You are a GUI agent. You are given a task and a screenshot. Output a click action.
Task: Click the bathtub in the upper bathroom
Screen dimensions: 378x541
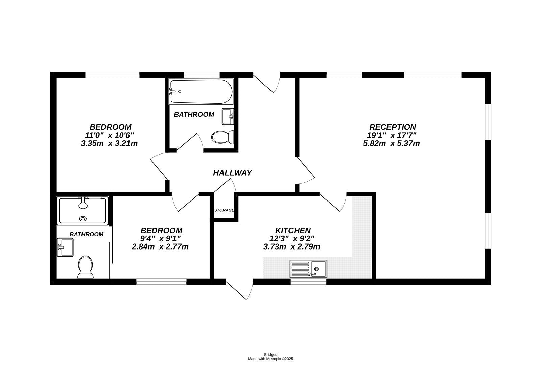tap(201, 92)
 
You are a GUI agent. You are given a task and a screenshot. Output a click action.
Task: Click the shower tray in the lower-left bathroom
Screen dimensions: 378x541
tap(83, 210)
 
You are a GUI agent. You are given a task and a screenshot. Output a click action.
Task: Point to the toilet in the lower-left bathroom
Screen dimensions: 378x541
tap(86, 267)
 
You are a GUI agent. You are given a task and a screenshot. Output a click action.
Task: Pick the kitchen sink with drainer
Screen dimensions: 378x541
tap(308, 269)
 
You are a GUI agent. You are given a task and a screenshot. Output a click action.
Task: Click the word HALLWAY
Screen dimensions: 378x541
tap(232, 173)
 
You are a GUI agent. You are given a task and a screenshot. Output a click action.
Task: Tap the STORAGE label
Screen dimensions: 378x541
tap(224, 210)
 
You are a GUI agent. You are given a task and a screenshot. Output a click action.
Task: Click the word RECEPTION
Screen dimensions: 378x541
tap(392, 127)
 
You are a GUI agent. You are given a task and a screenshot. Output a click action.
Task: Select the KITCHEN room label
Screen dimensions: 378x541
tap(293, 231)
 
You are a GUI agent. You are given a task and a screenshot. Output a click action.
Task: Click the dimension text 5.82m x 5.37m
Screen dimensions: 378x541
tap(391, 143)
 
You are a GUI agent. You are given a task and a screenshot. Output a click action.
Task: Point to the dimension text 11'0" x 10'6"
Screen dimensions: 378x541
tap(110, 135)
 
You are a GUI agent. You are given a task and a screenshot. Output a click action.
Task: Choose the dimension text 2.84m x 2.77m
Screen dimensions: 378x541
tap(160, 247)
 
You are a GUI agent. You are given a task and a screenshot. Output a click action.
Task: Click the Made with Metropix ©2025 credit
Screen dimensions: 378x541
tap(270, 359)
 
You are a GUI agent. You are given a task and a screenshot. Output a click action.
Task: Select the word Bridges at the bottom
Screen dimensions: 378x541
tap(270, 355)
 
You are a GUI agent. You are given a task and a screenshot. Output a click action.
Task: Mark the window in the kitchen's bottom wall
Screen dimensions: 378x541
tap(308, 281)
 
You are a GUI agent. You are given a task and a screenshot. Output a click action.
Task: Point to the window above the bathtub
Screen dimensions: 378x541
tap(202, 75)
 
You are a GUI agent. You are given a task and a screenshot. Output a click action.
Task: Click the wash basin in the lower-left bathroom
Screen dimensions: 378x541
tap(65, 247)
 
